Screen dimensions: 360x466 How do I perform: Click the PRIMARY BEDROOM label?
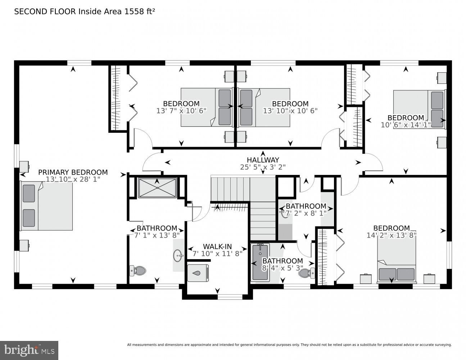[x=73, y=172]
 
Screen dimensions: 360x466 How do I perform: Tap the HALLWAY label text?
[x=263, y=160]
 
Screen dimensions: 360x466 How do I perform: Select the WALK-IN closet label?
[x=217, y=246]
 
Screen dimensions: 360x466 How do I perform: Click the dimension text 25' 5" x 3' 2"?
[x=263, y=167]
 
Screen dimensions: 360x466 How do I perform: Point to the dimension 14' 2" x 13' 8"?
[x=391, y=235]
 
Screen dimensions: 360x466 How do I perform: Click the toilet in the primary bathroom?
[x=138, y=270]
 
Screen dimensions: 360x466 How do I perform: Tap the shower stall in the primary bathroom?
[x=157, y=187]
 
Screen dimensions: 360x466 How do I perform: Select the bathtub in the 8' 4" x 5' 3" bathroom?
[x=260, y=262]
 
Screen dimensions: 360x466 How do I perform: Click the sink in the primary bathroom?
[x=178, y=256]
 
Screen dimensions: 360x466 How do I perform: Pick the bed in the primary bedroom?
[x=47, y=206]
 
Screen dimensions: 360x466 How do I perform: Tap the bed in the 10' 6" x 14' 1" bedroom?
[x=419, y=109]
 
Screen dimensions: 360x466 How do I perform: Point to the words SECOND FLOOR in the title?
[x=45, y=12]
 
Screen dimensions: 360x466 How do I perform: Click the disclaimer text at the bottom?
[x=289, y=345]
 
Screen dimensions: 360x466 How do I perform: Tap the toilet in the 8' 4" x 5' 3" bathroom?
[x=307, y=273]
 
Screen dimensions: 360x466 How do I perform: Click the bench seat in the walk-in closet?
[x=198, y=273]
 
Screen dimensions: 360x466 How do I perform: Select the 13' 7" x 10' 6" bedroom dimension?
[x=181, y=111]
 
